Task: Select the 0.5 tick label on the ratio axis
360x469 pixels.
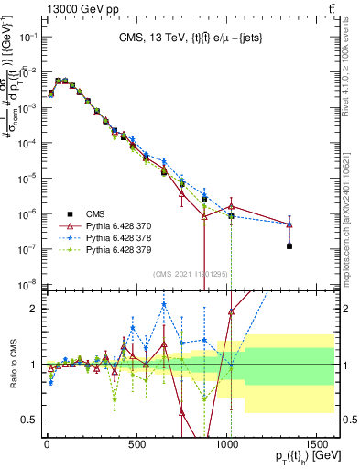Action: (x=30, y=420)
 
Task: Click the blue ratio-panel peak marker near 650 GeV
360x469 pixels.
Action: (x=164, y=305)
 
